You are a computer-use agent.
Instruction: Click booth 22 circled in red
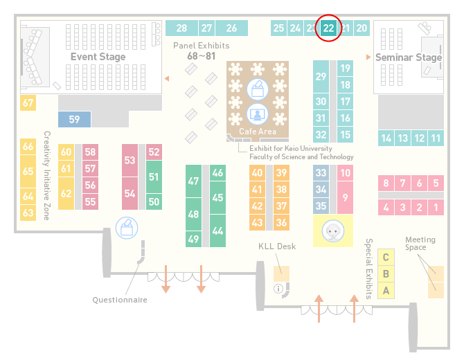tap(328, 28)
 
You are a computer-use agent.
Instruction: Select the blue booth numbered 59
tap(74, 119)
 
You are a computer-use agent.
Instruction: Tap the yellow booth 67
tap(28, 102)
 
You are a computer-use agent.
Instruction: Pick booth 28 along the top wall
tap(181, 28)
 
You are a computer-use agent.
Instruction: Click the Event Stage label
tap(98, 57)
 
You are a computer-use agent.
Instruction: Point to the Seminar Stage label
tap(409, 57)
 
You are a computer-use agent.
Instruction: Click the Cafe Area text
tap(258, 132)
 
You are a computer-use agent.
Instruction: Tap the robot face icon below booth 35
tap(333, 231)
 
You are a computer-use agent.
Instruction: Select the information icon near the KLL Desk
tap(278, 289)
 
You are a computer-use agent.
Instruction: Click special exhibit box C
tap(386, 258)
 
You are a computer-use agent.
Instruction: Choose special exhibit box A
tap(386, 291)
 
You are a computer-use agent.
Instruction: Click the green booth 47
tap(193, 181)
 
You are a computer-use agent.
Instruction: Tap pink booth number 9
tap(345, 197)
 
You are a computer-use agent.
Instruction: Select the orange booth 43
tap(257, 222)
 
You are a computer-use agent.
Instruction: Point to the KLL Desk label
tap(277, 246)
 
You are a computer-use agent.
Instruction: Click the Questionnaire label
tap(120, 300)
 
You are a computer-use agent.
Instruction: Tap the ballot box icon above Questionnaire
tap(127, 228)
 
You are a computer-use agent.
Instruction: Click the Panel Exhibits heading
tap(202, 46)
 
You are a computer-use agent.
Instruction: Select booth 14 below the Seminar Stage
tap(386, 138)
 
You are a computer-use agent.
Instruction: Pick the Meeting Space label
tap(420, 244)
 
